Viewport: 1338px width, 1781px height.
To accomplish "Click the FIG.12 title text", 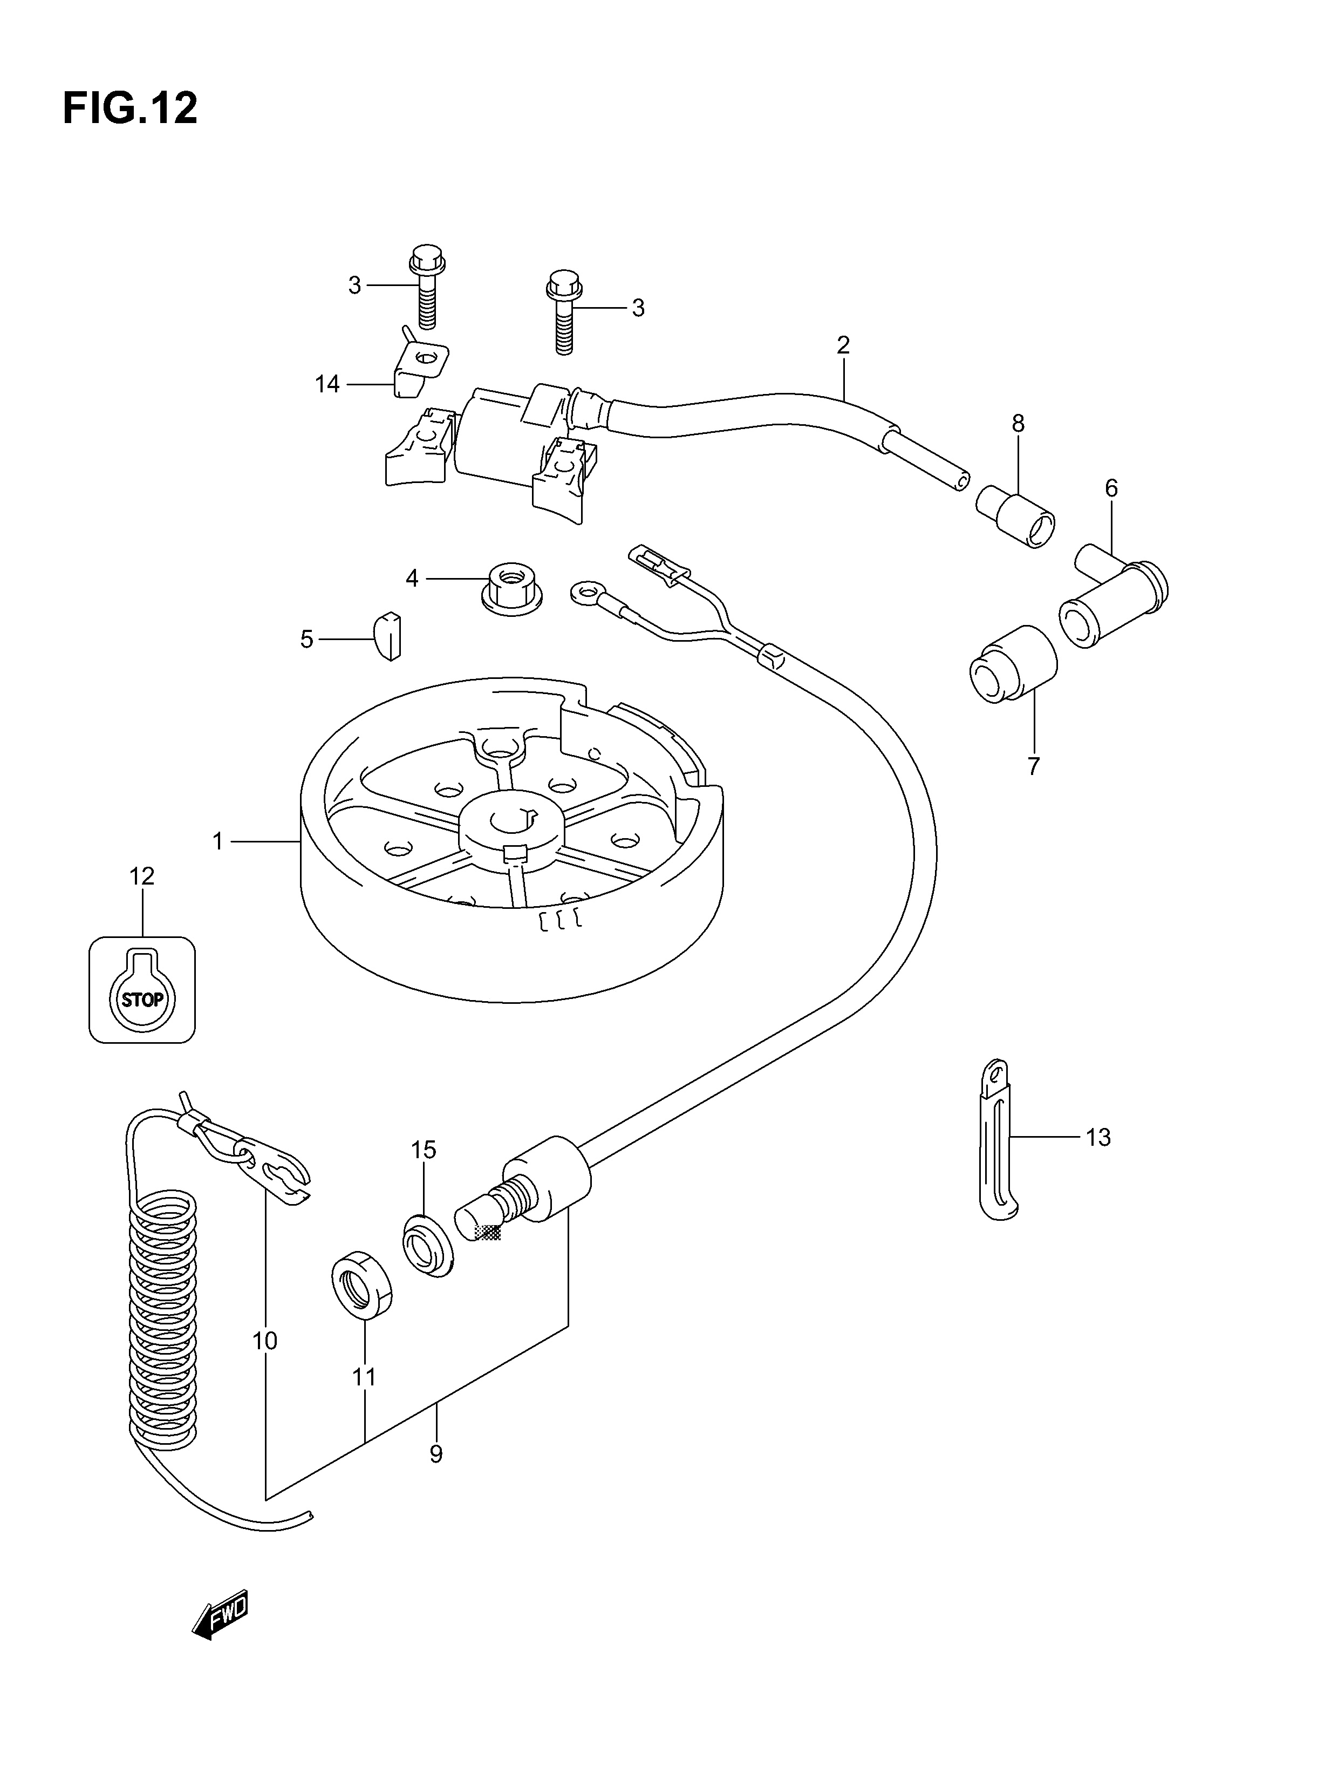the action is pos(129,108).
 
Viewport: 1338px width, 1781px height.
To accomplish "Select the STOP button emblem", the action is pos(142,989).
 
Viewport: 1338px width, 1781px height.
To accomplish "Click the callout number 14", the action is pos(327,385).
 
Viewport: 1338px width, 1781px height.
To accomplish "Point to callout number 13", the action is pos(1098,1137).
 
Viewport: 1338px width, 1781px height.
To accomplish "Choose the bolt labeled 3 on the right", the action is pos(564,313).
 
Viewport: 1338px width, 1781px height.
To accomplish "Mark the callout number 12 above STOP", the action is pos(142,875).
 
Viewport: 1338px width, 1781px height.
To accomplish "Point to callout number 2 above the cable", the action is pos(843,345).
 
